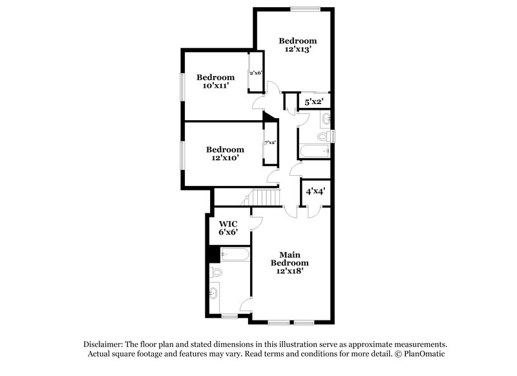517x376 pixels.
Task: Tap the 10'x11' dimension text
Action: (215, 86)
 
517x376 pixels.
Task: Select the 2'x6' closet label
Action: (255, 72)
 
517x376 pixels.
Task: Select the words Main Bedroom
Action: (288, 258)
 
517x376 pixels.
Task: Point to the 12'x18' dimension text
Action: (288, 271)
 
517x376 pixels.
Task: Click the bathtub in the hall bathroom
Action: (315, 152)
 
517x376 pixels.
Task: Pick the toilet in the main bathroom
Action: (216, 273)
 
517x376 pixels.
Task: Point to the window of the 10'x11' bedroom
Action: (182, 86)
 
